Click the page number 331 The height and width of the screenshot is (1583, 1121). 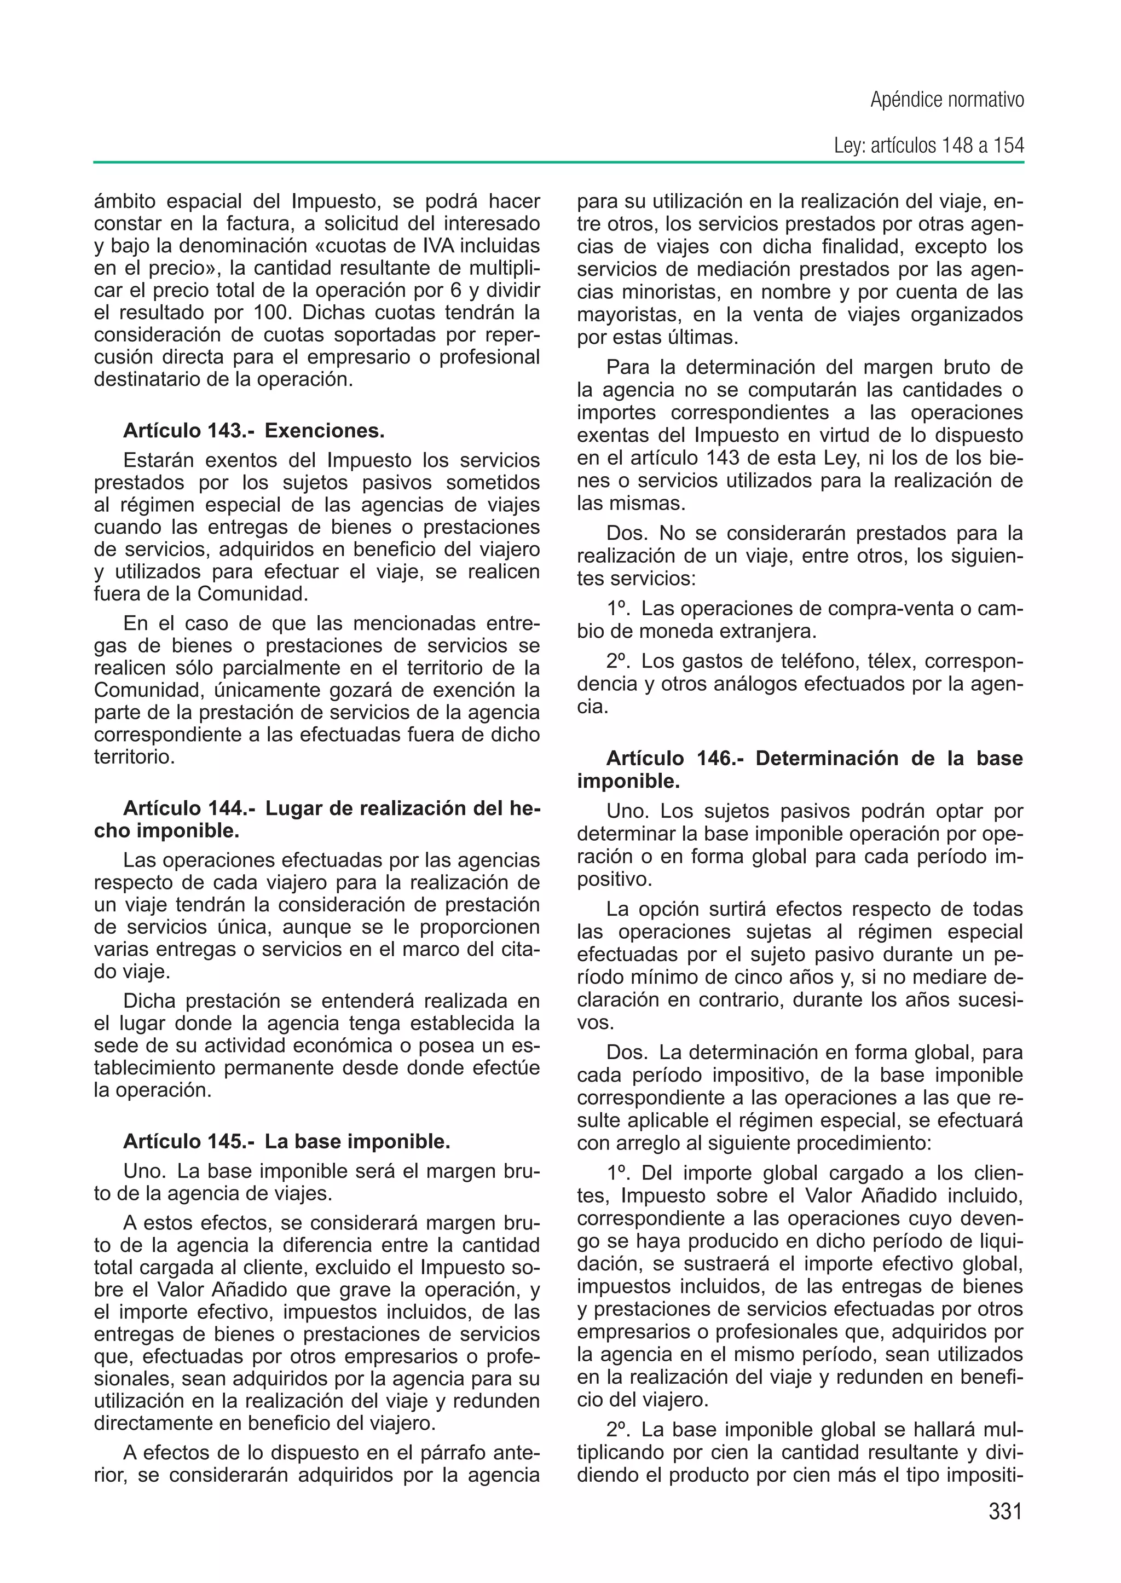pyautogui.click(x=1004, y=1511)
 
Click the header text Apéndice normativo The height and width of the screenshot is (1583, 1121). pyautogui.click(x=946, y=101)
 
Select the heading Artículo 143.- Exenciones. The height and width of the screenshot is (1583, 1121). pyautogui.click(x=253, y=431)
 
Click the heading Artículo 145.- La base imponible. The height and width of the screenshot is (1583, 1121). pyautogui.click(x=286, y=1141)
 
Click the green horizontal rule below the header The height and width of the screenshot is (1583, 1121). pyautogui.click(x=558, y=163)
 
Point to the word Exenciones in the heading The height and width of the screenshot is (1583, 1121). pyautogui.click(x=325, y=431)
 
